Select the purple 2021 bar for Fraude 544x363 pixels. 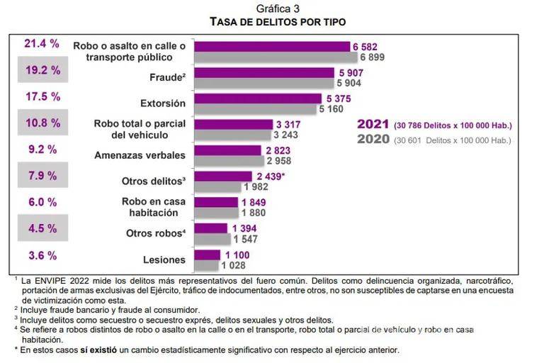pyautogui.click(x=263, y=72)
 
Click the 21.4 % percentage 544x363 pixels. pyautogui.click(x=42, y=43)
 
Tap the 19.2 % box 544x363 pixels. pyautogui.click(x=42, y=70)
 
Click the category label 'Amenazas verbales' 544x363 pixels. pyautogui.click(x=140, y=155)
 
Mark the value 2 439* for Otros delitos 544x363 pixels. pyautogui.click(x=271, y=176)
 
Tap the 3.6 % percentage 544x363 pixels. pyautogui.click(x=42, y=255)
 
